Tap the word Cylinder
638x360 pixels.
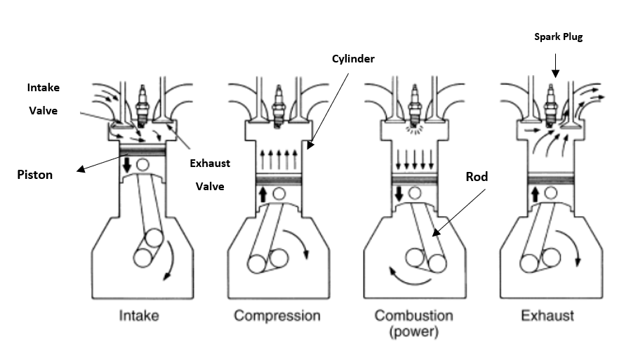click(x=352, y=59)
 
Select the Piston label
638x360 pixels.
click(x=35, y=175)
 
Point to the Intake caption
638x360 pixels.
click(x=139, y=316)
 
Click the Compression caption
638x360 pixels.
click(x=277, y=316)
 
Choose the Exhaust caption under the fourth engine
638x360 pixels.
click(x=547, y=316)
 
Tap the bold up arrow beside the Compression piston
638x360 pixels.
click(x=262, y=194)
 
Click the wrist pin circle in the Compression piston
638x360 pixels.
click(x=280, y=194)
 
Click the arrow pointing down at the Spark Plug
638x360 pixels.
click(x=554, y=66)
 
